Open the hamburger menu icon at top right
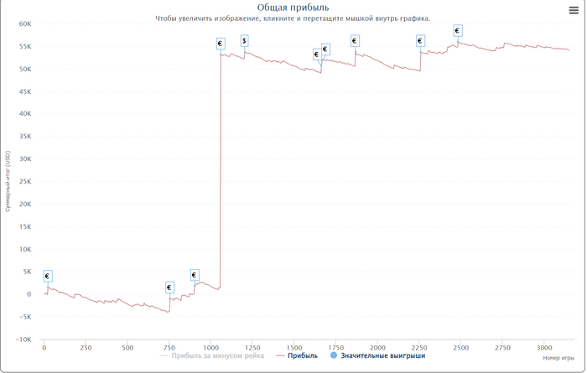click(574, 11)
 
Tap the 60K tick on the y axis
click(25, 24)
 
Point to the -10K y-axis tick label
click(23, 339)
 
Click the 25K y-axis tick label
click(25, 181)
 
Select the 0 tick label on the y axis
click(29, 294)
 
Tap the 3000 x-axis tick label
click(544, 347)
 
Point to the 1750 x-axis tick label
click(335, 347)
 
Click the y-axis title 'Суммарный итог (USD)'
click(8, 181)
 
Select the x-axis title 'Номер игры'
click(558, 358)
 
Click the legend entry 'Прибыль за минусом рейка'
click(216, 355)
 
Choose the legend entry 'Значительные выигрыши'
click(382, 355)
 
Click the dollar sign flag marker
click(244, 41)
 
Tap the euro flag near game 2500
click(457, 31)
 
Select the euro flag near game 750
click(169, 288)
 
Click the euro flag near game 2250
click(420, 41)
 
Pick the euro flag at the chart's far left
click(47, 276)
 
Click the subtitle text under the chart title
click(293, 18)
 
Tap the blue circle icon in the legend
click(334, 355)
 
